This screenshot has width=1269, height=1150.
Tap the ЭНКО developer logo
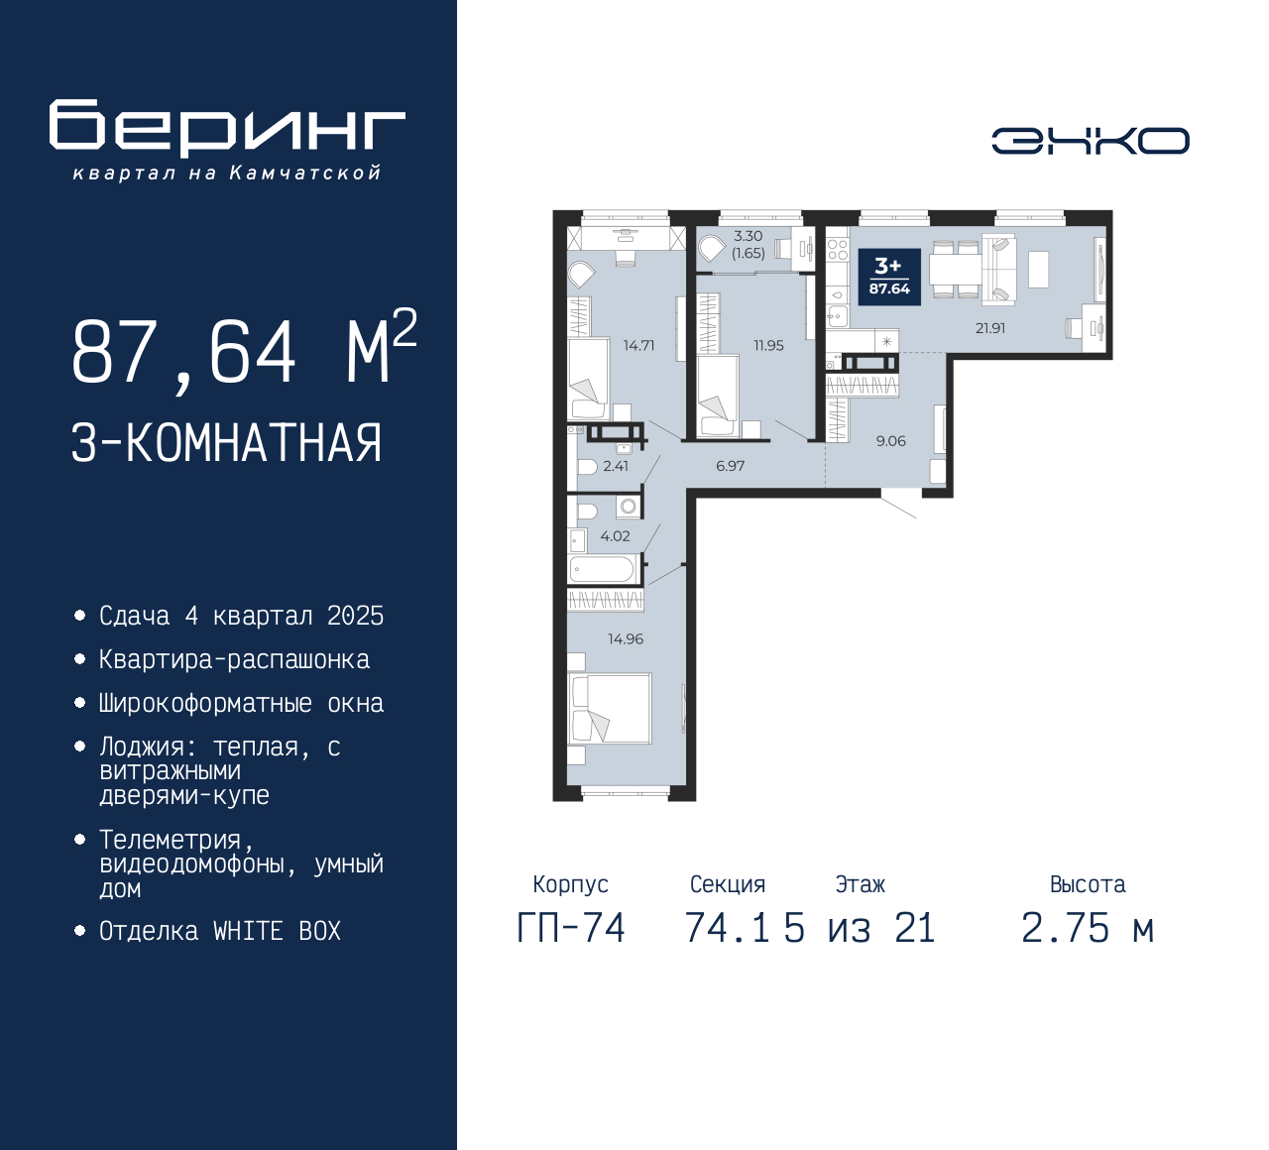coord(1090,141)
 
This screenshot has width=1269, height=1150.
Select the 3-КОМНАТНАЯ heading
coord(227,443)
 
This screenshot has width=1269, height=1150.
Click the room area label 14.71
coord(638,346)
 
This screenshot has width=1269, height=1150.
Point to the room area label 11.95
coord(768,346)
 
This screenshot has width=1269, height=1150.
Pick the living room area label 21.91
coord(990,328)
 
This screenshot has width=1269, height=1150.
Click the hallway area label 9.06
coord(890,441)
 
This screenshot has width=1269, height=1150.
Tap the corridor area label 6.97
coord(730,466)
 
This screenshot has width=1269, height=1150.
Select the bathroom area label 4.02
coord(615,536)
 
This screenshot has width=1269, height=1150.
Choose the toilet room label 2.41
coord(616,466)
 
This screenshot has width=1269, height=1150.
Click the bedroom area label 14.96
coord(626,639)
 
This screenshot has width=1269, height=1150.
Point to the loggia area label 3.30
coord(748,236)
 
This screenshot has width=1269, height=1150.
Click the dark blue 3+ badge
coord(889,277)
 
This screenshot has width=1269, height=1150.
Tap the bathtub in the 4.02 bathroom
coord(602,569)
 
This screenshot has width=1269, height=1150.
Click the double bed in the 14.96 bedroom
coord(610,708)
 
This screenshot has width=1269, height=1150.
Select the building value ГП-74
coord(571,929)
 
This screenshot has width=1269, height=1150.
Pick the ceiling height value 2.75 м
coord(1087,929)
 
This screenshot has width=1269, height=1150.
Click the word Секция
coord(728,884)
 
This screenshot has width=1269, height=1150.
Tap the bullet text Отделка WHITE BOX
coord(220,932)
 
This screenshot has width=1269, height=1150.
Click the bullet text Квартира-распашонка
coord(234,660)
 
